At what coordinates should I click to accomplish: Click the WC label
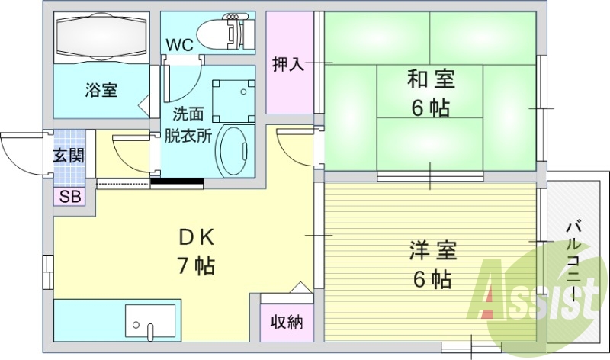point(179,44)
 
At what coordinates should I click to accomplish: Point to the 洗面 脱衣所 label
point(188,126)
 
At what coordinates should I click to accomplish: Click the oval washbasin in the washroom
point(235,152)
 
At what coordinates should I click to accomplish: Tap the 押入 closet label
point(289,64)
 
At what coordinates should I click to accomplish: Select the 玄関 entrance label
point(69,156)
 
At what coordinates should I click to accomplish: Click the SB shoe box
point(69,197)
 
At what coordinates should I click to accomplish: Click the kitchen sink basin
point(149,324)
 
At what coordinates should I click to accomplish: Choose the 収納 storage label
point(287,323)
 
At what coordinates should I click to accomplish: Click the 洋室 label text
point(432,250)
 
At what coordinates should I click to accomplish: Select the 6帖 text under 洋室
point(432,279)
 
